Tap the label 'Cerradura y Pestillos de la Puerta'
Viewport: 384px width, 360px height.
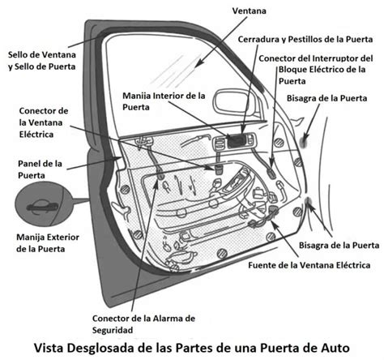(x=300, y=38)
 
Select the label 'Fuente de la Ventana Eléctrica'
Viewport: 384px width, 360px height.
(x=309, y=265)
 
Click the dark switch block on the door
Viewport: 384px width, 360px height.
(x=237, y=141)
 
